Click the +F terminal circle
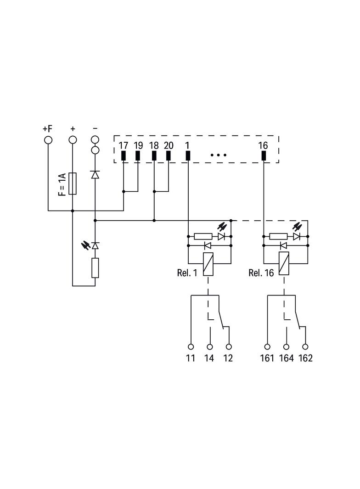(48, 140)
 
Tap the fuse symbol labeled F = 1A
(73, 183)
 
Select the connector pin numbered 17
(124, 156)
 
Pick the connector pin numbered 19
(138, 156)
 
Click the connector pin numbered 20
(169, 156)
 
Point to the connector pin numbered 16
(264, 156)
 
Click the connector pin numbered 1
(188, 156)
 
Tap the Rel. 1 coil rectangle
(208, 264)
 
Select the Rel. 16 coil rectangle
(284, 263)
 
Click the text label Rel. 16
(261, 273)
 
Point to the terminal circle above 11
(191, 347)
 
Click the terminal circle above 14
(210, 347)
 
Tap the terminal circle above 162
(305, 347)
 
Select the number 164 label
(287, 358)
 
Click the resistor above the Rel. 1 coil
(203, 236)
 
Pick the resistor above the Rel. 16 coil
(279, 236)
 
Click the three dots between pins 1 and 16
(219, 155)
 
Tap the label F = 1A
(62, 185)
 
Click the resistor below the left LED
(95, 268)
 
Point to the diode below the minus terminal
(95, 175)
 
